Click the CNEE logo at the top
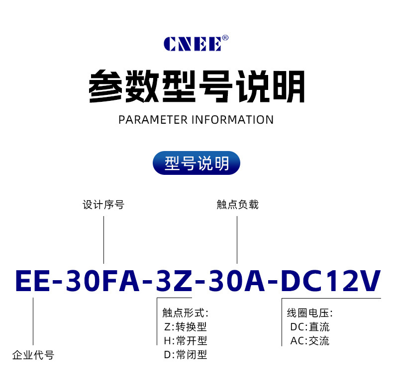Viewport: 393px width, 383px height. (193, 44)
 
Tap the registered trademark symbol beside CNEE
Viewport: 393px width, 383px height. (225, 37)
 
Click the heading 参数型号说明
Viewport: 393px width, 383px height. (196, 87)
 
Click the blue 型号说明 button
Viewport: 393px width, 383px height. (196, 163)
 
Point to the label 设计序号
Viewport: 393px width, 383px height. (103, 205)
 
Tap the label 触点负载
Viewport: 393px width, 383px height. (237, 205)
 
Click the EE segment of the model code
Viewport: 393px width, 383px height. (32, 282)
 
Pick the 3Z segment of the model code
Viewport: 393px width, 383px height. (174, 282)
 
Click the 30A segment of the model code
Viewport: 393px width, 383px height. (237, 282)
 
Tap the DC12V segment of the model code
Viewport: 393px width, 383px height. (331, 282)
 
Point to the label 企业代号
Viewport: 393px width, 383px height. (33, 355)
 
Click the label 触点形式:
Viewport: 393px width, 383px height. (185, 313)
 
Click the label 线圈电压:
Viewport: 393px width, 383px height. (309, 313)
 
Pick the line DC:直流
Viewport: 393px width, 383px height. (309, 327)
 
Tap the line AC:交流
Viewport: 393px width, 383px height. (309, 341)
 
